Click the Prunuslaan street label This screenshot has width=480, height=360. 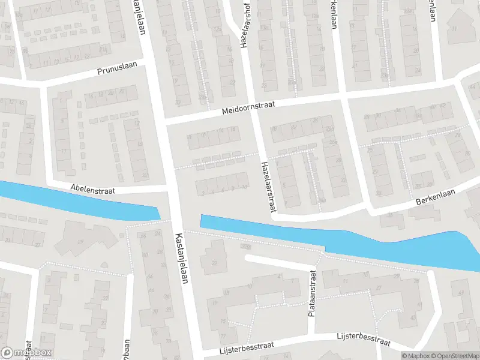(x=118, y=71)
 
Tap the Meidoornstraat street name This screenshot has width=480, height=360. (x=248, y=107)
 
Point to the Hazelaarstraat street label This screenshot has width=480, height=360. (x=267, y=187)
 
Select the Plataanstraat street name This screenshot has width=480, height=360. (x=312, y=293)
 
